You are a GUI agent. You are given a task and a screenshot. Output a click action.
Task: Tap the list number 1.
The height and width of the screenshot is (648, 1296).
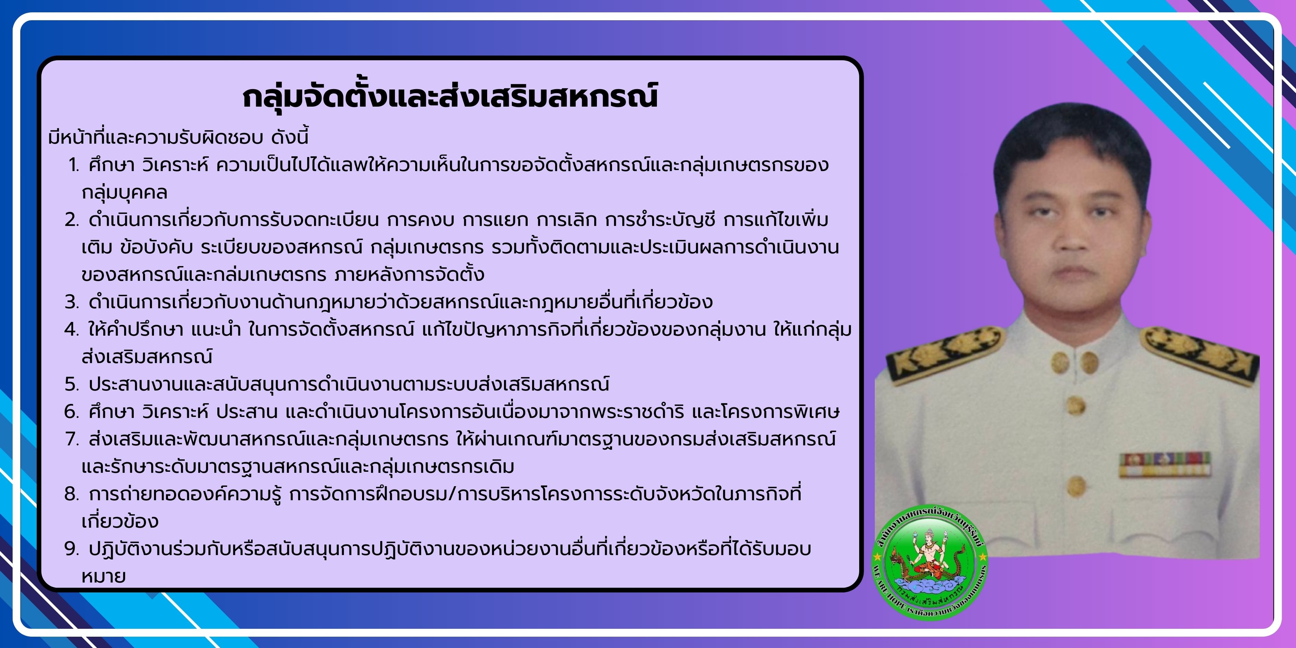click(74, 165)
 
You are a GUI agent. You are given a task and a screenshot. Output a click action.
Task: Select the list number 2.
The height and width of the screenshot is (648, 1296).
click(72, 220)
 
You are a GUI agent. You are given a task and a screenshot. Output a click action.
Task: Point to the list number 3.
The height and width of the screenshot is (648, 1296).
click(72, 302)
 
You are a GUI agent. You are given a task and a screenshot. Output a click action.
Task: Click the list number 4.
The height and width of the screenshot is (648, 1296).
click(72, 329)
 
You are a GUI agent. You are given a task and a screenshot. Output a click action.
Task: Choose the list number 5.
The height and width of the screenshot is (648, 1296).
click(72, 384)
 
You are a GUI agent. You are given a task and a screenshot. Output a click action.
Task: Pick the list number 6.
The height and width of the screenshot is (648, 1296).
click(72, 412)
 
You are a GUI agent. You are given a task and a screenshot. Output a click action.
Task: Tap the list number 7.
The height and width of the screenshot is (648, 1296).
click(72, 439)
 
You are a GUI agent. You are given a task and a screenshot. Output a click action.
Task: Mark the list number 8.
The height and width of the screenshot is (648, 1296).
click(72, 494)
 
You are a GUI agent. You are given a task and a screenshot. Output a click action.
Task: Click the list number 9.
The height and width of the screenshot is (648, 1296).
click(72, 549)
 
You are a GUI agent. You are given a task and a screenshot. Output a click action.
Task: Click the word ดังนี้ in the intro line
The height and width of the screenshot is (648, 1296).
click(290, 137)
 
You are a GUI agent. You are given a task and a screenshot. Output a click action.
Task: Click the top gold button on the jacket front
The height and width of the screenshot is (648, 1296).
click(1076, 406)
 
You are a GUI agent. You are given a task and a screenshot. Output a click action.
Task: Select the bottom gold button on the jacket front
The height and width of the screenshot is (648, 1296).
click(1076, 485)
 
